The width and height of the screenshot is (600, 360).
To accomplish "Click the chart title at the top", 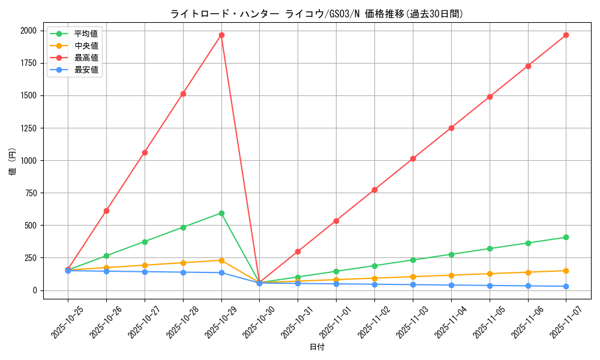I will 317,14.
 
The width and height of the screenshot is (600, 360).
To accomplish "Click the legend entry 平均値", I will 86,34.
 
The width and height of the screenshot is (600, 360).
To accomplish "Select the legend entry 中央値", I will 86,46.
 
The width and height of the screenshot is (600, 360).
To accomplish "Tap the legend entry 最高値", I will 86,58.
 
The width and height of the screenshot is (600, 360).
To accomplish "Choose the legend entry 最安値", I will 86,70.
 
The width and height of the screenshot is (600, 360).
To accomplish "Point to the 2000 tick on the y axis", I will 28,31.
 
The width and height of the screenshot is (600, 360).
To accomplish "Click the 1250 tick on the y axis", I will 28,128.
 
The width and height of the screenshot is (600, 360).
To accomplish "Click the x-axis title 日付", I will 317,347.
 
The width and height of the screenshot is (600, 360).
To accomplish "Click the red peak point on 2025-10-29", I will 221,35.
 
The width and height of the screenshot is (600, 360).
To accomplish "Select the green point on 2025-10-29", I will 221,213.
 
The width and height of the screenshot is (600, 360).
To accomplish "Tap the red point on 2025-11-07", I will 566,35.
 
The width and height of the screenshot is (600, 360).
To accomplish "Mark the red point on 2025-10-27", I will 145,152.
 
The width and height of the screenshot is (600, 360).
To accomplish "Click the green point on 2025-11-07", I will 566,237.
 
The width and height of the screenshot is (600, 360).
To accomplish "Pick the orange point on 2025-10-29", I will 221,260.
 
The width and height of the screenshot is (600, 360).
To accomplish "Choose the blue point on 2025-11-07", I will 566,286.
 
